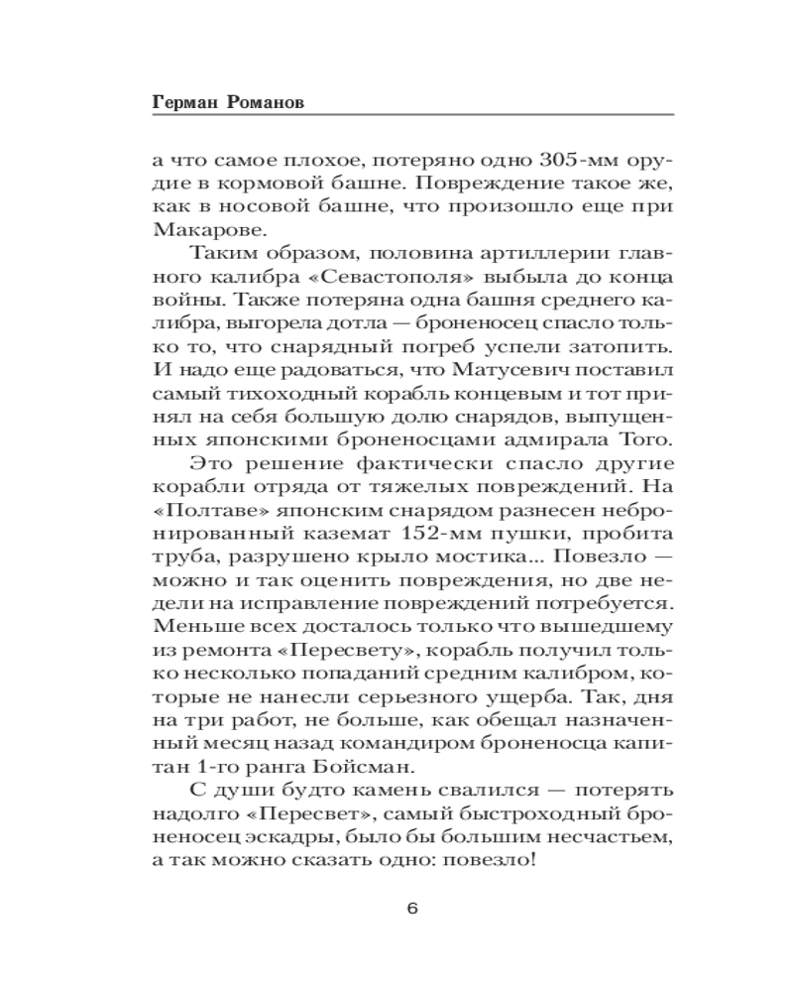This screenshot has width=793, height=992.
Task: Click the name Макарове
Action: pyautogui.click(x=197, y=229)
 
